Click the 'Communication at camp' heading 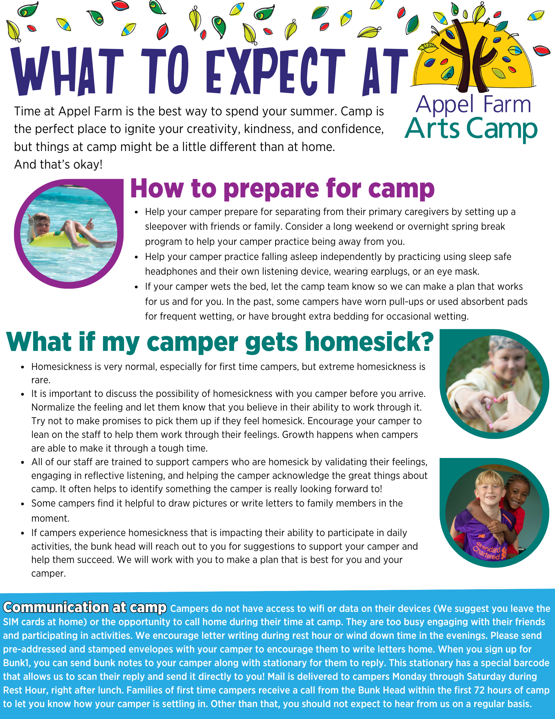pyautogui.click(x=85, y=607)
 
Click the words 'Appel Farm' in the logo pyautogui.click(x=473, y=104)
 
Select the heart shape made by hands pyautogui.click(x=496, y=408)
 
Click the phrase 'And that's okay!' pyautogui.click(x=59, y=165)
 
